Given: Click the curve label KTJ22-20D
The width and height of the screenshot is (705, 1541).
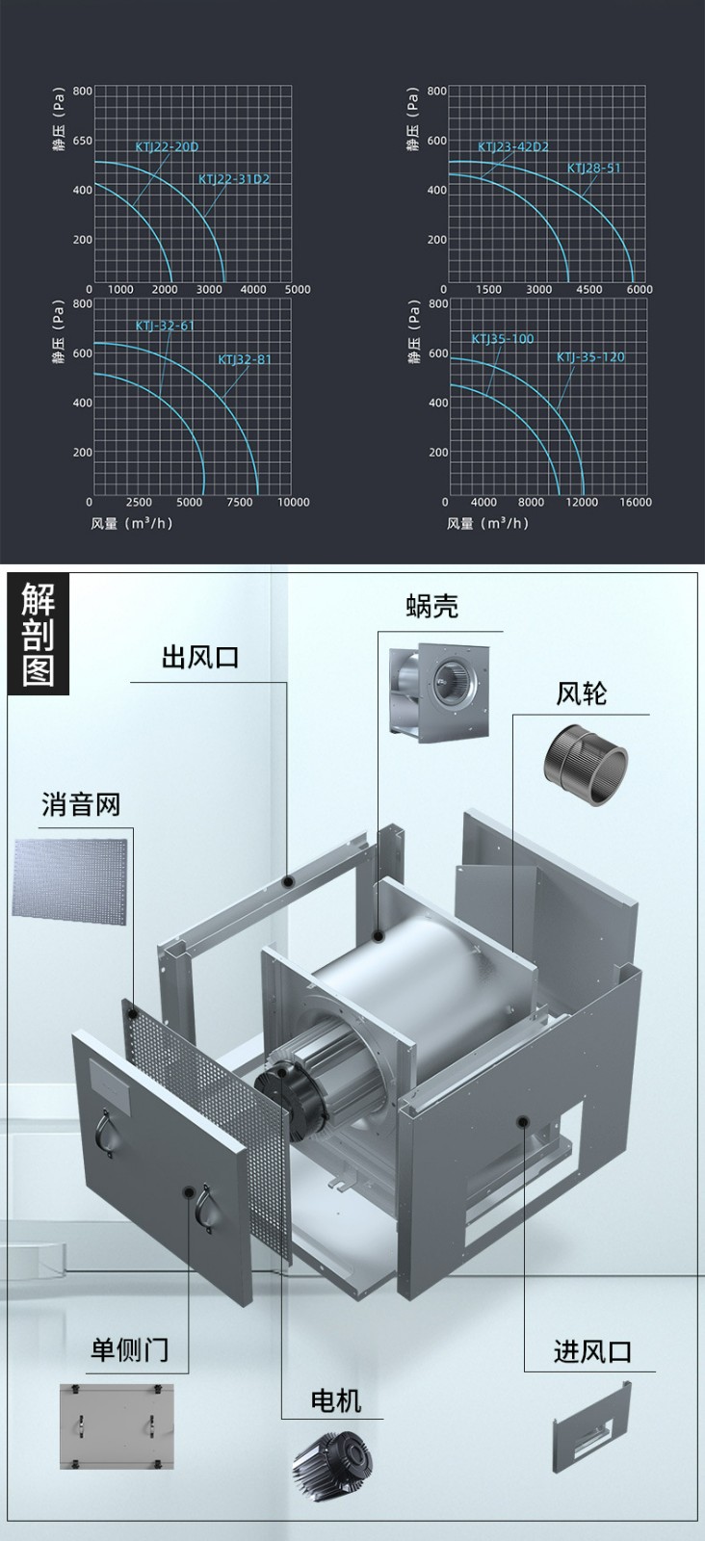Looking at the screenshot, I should pos(167,147).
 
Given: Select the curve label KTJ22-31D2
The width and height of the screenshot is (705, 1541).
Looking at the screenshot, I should pos(234,179).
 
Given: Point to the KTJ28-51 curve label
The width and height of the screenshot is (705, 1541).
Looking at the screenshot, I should pos(593,169).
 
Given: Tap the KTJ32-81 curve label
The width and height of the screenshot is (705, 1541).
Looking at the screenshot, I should pos(245,360).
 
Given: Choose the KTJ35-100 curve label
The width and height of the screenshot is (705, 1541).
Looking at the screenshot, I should pos(502,339).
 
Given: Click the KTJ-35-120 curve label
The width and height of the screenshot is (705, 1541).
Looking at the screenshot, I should pos(590,357).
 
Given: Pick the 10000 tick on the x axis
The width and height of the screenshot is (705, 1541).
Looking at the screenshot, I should pos(293,502).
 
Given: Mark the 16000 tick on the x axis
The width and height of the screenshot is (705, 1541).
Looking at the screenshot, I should pos(636,502).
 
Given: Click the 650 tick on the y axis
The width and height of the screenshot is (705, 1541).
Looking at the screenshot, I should pos(83,141).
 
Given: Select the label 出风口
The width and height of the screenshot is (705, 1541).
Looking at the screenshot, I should pos(199,658).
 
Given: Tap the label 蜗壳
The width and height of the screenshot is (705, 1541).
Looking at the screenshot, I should pos(431,606).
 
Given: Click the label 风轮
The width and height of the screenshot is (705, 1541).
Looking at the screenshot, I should pos(581,693).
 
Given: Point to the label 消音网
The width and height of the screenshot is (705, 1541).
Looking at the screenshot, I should pos(81,804).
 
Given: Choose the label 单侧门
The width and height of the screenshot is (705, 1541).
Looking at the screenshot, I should pos(129,1349).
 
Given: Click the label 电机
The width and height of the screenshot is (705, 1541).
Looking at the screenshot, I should pos(336,1400).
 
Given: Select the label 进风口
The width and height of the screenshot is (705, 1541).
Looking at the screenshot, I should pos(592,1351).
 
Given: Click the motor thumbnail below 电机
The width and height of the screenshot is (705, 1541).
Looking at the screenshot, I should pos(333,1463).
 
